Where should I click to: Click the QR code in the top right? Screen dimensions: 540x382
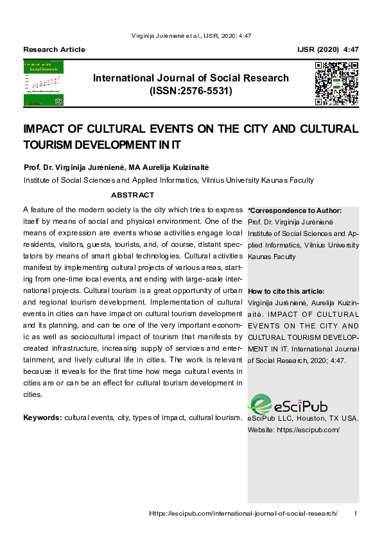point(336,83)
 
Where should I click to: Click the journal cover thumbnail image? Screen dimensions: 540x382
point(44,83)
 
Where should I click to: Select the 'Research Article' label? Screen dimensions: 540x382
point(54,49)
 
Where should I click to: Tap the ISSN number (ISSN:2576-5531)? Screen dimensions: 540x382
point(191,91)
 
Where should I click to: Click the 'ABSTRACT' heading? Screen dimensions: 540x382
point(132,195)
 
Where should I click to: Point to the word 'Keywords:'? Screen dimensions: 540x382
point(42,418)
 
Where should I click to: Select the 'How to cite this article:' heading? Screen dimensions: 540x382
point(286,291)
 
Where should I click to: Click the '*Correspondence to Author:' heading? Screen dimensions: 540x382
point(294,210)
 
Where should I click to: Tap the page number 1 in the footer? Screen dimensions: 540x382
point(356,514)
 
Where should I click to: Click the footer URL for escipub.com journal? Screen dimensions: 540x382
point(243,514)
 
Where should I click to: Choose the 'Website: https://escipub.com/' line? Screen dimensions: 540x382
point(293,430)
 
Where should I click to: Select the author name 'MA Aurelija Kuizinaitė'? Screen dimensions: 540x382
point(169,167)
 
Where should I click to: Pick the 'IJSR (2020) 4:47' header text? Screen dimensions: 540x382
point(328,49)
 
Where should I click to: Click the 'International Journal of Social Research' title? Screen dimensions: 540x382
point(191,78)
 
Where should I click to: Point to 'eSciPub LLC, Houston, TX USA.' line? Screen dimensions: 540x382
point(302,418)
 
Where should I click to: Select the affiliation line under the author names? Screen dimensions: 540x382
point(168,180)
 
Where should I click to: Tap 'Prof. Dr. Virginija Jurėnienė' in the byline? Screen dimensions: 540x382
point(74,167)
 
